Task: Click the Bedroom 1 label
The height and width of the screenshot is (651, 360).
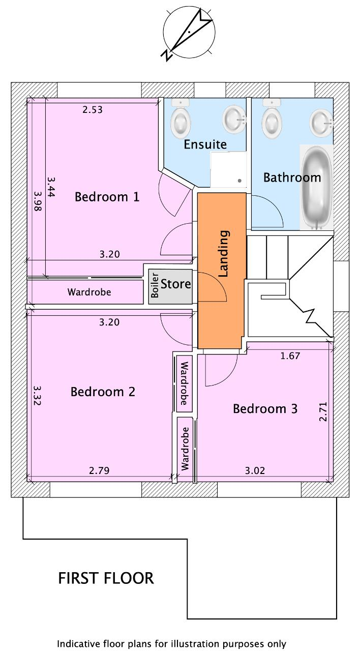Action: tap(107, 197)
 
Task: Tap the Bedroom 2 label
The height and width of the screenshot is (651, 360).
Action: tap(103, 392)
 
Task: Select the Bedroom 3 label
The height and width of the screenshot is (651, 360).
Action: tap(265, 408)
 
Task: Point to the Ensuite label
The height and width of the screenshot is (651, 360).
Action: tap(205, 144)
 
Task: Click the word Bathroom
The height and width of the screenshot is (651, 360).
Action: tap(292, 177)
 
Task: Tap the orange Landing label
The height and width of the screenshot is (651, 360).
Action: tap(224, 253)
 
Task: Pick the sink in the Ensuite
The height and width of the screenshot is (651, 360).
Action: tap(234, 119)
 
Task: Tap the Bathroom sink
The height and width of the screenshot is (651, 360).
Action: tap(321, 122)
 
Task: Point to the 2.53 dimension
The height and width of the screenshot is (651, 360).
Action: tap(93, 109)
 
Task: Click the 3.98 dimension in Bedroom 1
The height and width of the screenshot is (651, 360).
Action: tap(38, 201)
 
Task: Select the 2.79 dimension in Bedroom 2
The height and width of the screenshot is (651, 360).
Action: tap(99, 470)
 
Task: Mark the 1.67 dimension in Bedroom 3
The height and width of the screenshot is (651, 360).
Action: tap(290, 356)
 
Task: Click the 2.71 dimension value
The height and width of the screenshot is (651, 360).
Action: tap(323, 412)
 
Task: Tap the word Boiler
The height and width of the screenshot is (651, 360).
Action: tap(155, 285)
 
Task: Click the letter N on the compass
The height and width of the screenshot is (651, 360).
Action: tap(167, 55)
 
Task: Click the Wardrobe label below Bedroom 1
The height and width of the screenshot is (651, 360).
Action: tap(89, 292)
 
